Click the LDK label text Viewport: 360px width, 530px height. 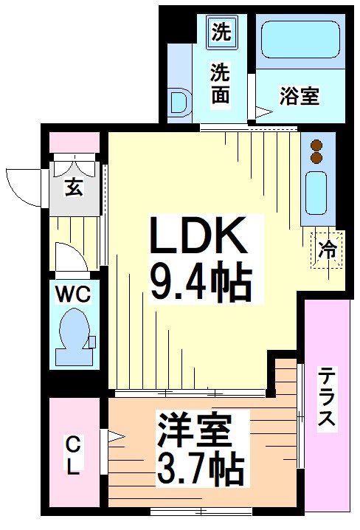tap(198, 235)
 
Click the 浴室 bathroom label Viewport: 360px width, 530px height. tap(300, 96)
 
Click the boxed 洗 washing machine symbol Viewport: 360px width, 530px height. tap(221, 32)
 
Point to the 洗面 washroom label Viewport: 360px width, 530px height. tap(220, 83)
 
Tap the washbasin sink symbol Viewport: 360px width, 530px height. tap(179, 103)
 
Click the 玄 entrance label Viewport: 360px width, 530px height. tap(73, 188)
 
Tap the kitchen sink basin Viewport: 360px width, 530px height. tap(318, 190)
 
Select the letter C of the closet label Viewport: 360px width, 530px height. tap(73, 445)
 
